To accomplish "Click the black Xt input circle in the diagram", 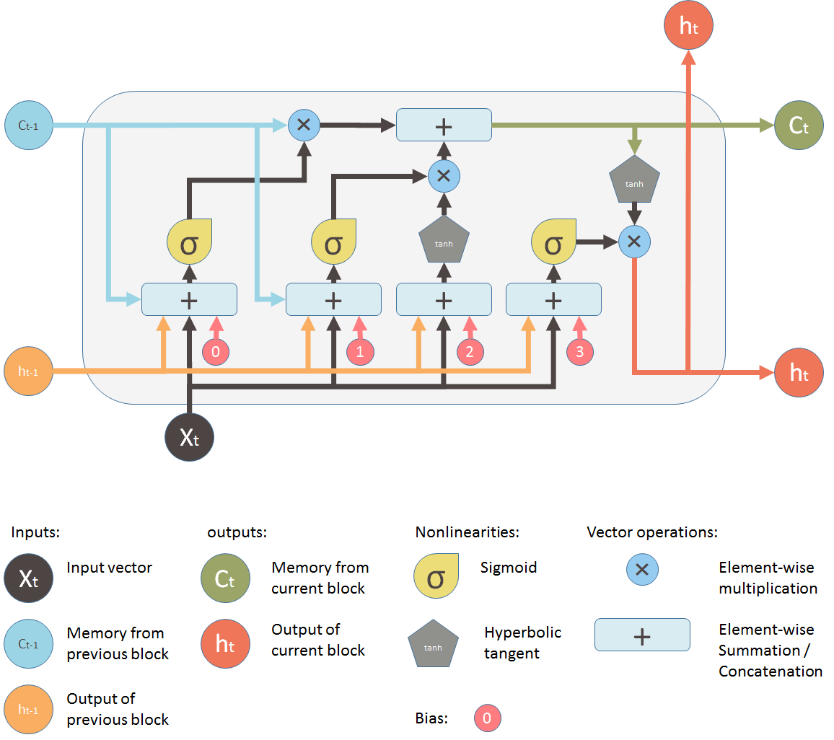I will [189, 436].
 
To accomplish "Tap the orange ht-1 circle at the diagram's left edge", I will [28, 371].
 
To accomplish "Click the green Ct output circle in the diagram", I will [799, 125].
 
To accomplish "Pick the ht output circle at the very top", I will [688, 26].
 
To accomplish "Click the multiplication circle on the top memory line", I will [304, 125].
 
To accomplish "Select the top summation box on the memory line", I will [444, 125].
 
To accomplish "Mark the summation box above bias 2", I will [444, 299].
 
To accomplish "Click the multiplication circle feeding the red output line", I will [635, 242].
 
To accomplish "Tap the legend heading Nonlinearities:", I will [468, 532].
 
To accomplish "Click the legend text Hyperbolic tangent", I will [522, 643].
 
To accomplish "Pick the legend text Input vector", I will [110, 568].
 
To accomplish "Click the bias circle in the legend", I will [488, 718].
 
